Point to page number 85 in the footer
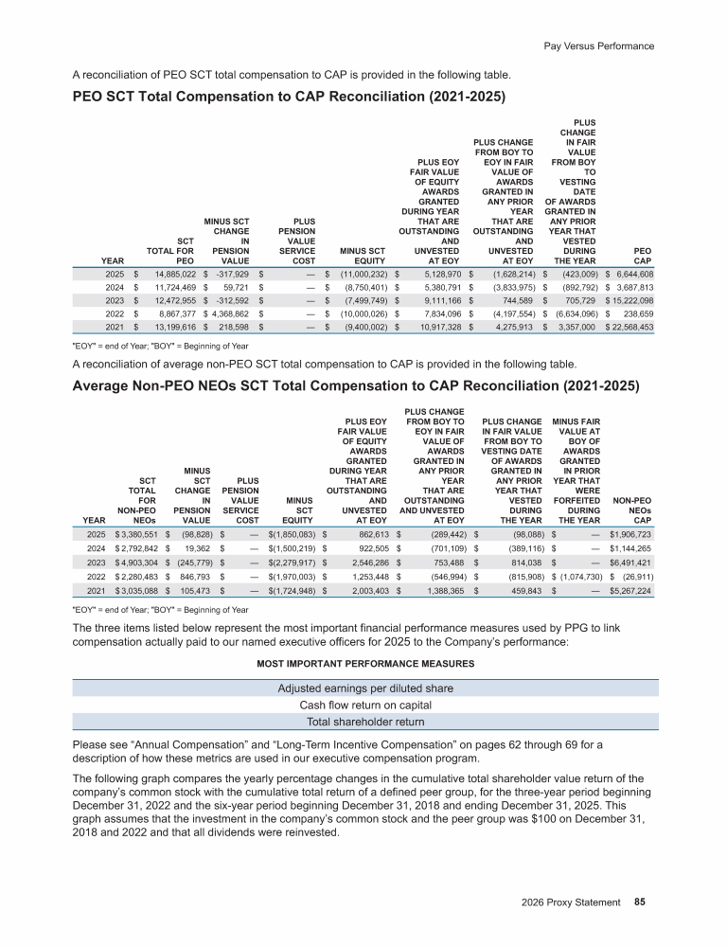coord(640,902)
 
